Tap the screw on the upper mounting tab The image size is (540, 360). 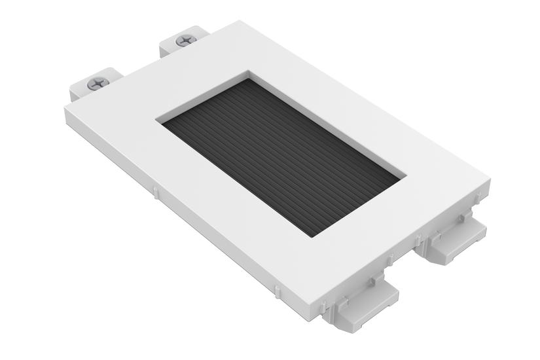click(x=186, y=40)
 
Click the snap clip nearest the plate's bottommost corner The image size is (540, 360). click(x=363, y=302)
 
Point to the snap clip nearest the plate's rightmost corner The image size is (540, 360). click(x=454, y=237)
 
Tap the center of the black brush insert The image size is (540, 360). click(x=281, y=156)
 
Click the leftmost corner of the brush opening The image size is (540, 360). click(x=157, y=120)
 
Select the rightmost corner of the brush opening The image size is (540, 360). click(x=406, y=176)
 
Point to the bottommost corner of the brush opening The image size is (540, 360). click(x=313, y=238)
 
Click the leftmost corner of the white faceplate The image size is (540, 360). click(x=65, y=108)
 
